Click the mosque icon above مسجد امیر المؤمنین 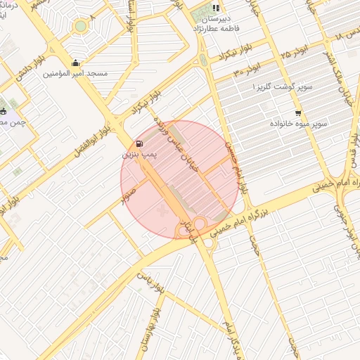point(76,63)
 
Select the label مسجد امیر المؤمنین point(75,73)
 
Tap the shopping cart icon point(298,113)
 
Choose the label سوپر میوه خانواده point(299,123)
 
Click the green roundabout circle point(81,26)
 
